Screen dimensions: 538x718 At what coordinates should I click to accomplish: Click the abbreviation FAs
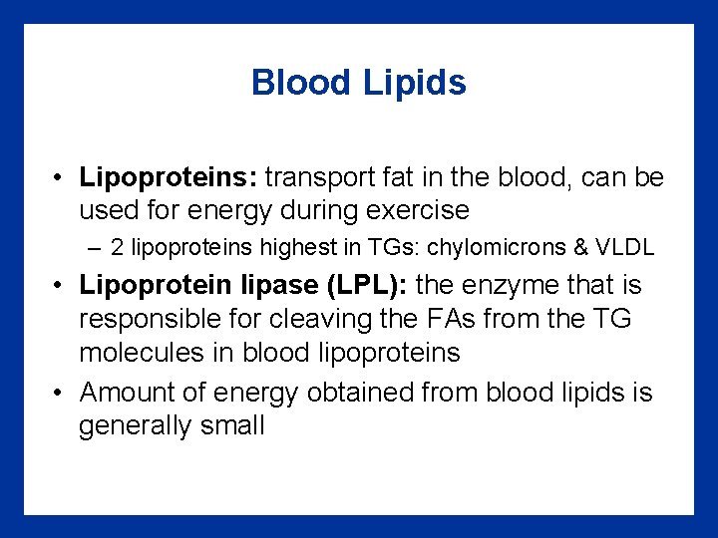[461, 319]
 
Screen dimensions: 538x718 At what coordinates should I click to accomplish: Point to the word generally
[129, 426]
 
